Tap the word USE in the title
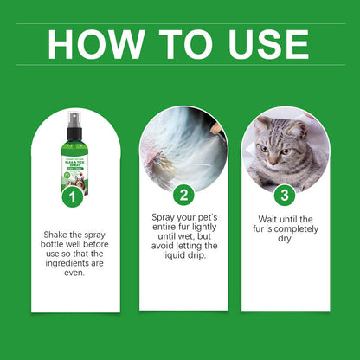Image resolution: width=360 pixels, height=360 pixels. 260,43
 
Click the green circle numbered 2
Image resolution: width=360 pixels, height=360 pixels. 182,195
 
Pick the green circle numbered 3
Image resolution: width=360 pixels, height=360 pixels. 285,195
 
